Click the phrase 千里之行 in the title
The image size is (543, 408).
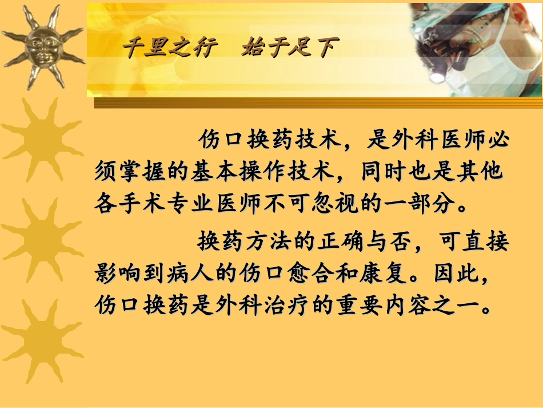171,47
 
